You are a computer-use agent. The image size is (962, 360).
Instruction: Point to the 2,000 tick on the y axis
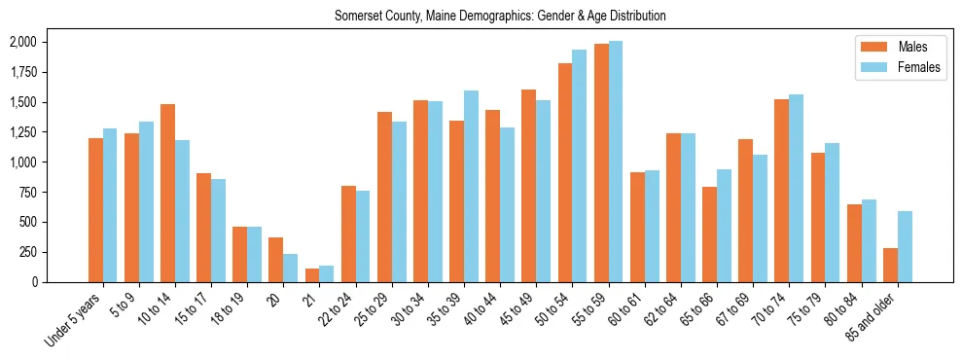22,42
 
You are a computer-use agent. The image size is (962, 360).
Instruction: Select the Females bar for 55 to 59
615,162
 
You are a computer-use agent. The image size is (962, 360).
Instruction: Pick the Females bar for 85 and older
905,246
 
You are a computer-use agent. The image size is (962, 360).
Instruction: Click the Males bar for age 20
276,260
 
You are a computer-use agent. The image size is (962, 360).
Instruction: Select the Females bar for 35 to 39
471,186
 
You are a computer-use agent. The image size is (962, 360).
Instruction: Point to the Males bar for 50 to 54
565,172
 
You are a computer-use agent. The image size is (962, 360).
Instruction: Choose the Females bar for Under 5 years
110,205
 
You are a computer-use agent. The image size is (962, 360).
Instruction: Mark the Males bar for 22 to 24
348,234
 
